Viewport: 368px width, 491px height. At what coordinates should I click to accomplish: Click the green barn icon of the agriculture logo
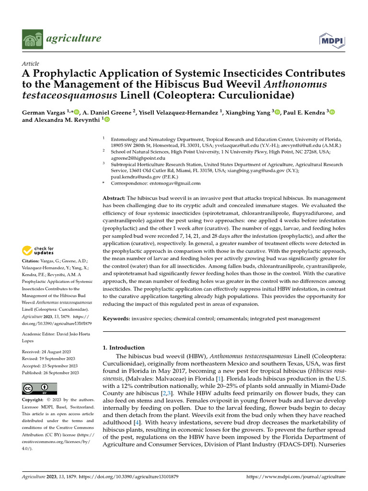31,38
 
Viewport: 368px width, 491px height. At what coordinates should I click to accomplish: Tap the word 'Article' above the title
31,64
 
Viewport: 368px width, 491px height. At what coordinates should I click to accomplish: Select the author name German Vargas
43,112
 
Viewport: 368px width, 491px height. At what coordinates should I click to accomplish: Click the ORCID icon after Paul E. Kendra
332,112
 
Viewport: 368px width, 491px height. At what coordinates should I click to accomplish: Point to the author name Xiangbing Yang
249,112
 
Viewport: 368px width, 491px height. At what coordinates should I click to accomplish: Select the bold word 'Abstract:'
114,198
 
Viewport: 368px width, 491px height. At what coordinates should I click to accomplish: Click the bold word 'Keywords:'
117,318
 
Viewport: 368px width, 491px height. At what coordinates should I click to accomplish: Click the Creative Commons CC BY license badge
40,388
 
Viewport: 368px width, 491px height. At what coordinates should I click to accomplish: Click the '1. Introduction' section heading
124,347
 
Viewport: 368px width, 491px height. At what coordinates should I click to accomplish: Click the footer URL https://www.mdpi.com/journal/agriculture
295,477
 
